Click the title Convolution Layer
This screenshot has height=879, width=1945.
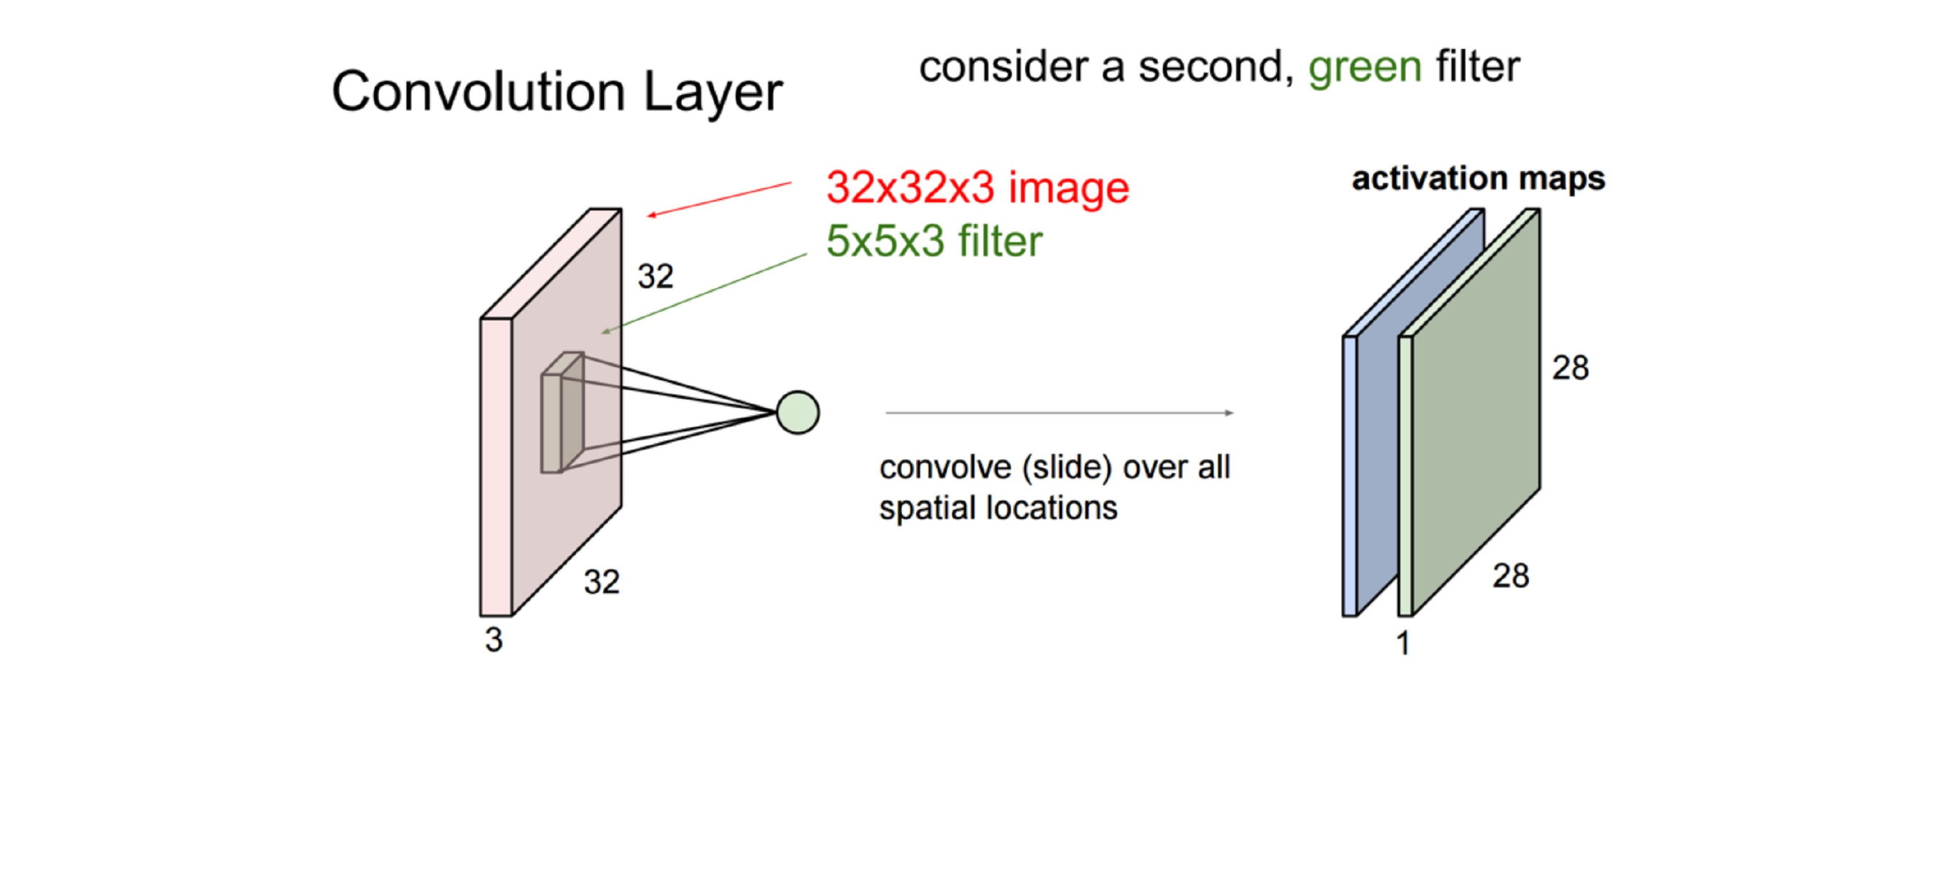point(556,92)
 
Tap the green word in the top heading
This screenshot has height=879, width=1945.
point(1364,68)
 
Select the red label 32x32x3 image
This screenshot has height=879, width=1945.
point(977,187)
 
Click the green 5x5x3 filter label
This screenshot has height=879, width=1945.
point(934,241)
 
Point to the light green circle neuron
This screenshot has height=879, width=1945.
point(797,412)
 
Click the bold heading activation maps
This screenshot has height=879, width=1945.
point(1478,179)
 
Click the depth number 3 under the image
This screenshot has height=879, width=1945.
point(494,640)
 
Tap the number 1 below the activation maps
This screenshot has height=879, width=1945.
point(1403,643)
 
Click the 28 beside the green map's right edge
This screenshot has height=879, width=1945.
point(1570,368)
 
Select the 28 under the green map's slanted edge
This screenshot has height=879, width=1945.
point(1511,576)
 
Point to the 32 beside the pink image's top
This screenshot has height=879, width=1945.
point(656,276)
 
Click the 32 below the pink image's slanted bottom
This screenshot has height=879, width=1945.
point(602,582)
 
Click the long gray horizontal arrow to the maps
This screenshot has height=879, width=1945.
point(1057,413)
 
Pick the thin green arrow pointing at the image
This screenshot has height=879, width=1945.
point(702,294)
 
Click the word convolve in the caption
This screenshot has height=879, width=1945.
point(944,468)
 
